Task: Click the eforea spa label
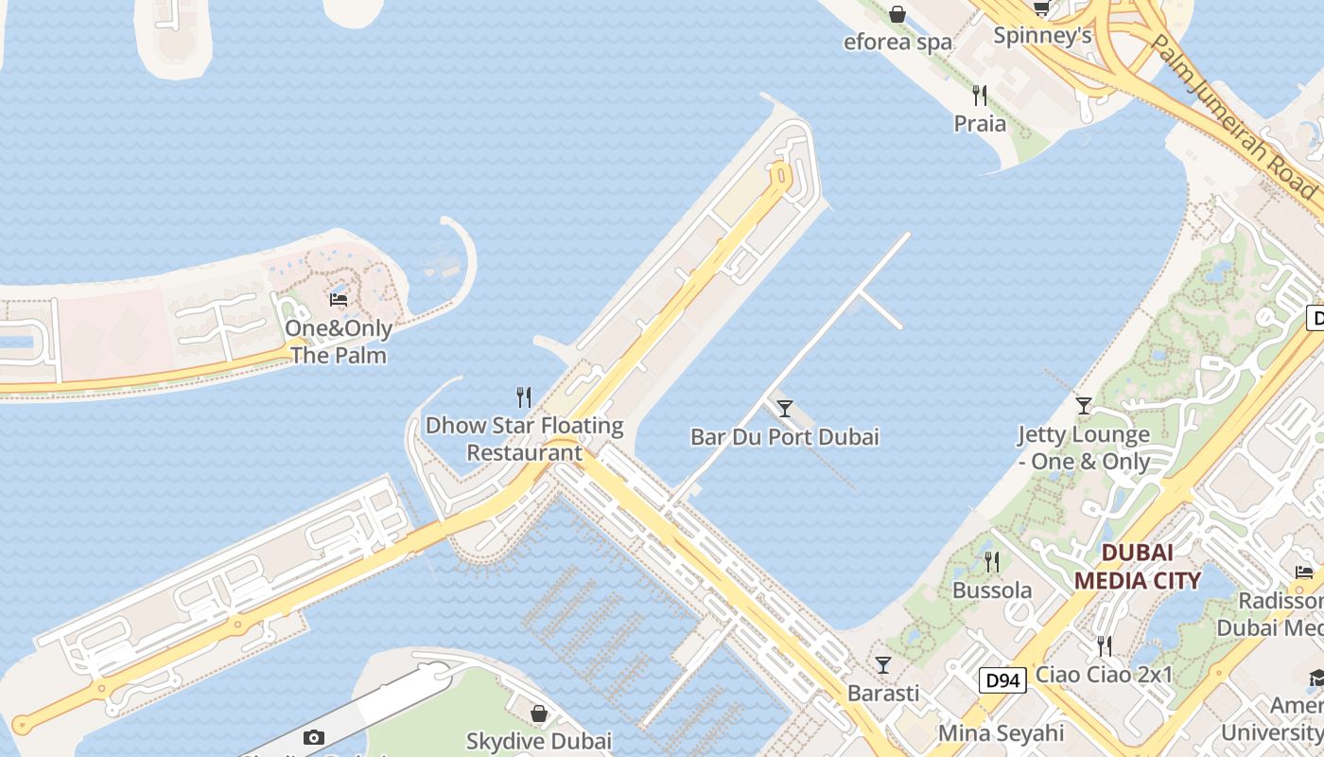click(x=897, y=42)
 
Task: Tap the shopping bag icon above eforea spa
click(x=897, y=14)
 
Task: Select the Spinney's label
click(x=1042, y=36)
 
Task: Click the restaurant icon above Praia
click(x=980, y=96)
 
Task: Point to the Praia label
click(x=980, y=123)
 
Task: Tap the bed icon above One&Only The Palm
click(x=339, y=300)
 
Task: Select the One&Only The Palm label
click(x=339, y=342)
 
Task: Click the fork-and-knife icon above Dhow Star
click(x=524, y=396)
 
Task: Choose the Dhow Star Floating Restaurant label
click(x=524, y=439)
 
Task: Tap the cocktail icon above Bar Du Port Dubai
click(x=784, y=409)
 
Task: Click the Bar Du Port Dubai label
click(x=784, y=437)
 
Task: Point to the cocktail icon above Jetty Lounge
click(x=1084, y=406)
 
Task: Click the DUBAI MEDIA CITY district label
click(x=1138, y=566)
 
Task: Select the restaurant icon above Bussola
click(x=991, y=562)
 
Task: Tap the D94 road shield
click(x=1002, y=679)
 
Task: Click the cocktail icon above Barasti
click(x=882, y=665)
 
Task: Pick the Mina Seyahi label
click(x=1001, y=732)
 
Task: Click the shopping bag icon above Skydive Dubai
click(x=539, y=713)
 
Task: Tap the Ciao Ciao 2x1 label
click(x=1104, y=675)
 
